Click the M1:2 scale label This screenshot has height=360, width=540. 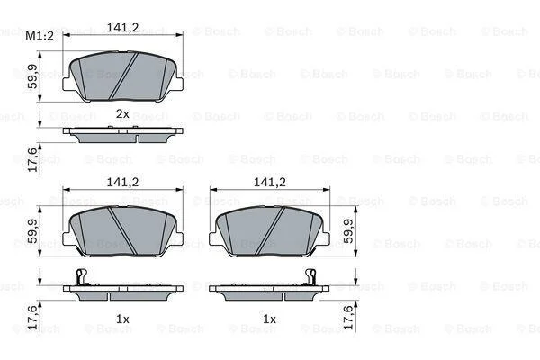40,36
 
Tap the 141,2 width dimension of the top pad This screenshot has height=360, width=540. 122,28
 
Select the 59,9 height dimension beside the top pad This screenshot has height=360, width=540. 33,76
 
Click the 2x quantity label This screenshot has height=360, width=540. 122,113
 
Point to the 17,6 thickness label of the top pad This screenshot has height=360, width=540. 33,159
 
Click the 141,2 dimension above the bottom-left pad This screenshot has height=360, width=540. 122,182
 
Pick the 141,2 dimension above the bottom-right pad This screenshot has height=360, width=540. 270,182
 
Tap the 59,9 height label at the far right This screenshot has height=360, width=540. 348,230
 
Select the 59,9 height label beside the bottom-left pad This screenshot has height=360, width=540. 33,230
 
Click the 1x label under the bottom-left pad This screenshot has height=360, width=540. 122,319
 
